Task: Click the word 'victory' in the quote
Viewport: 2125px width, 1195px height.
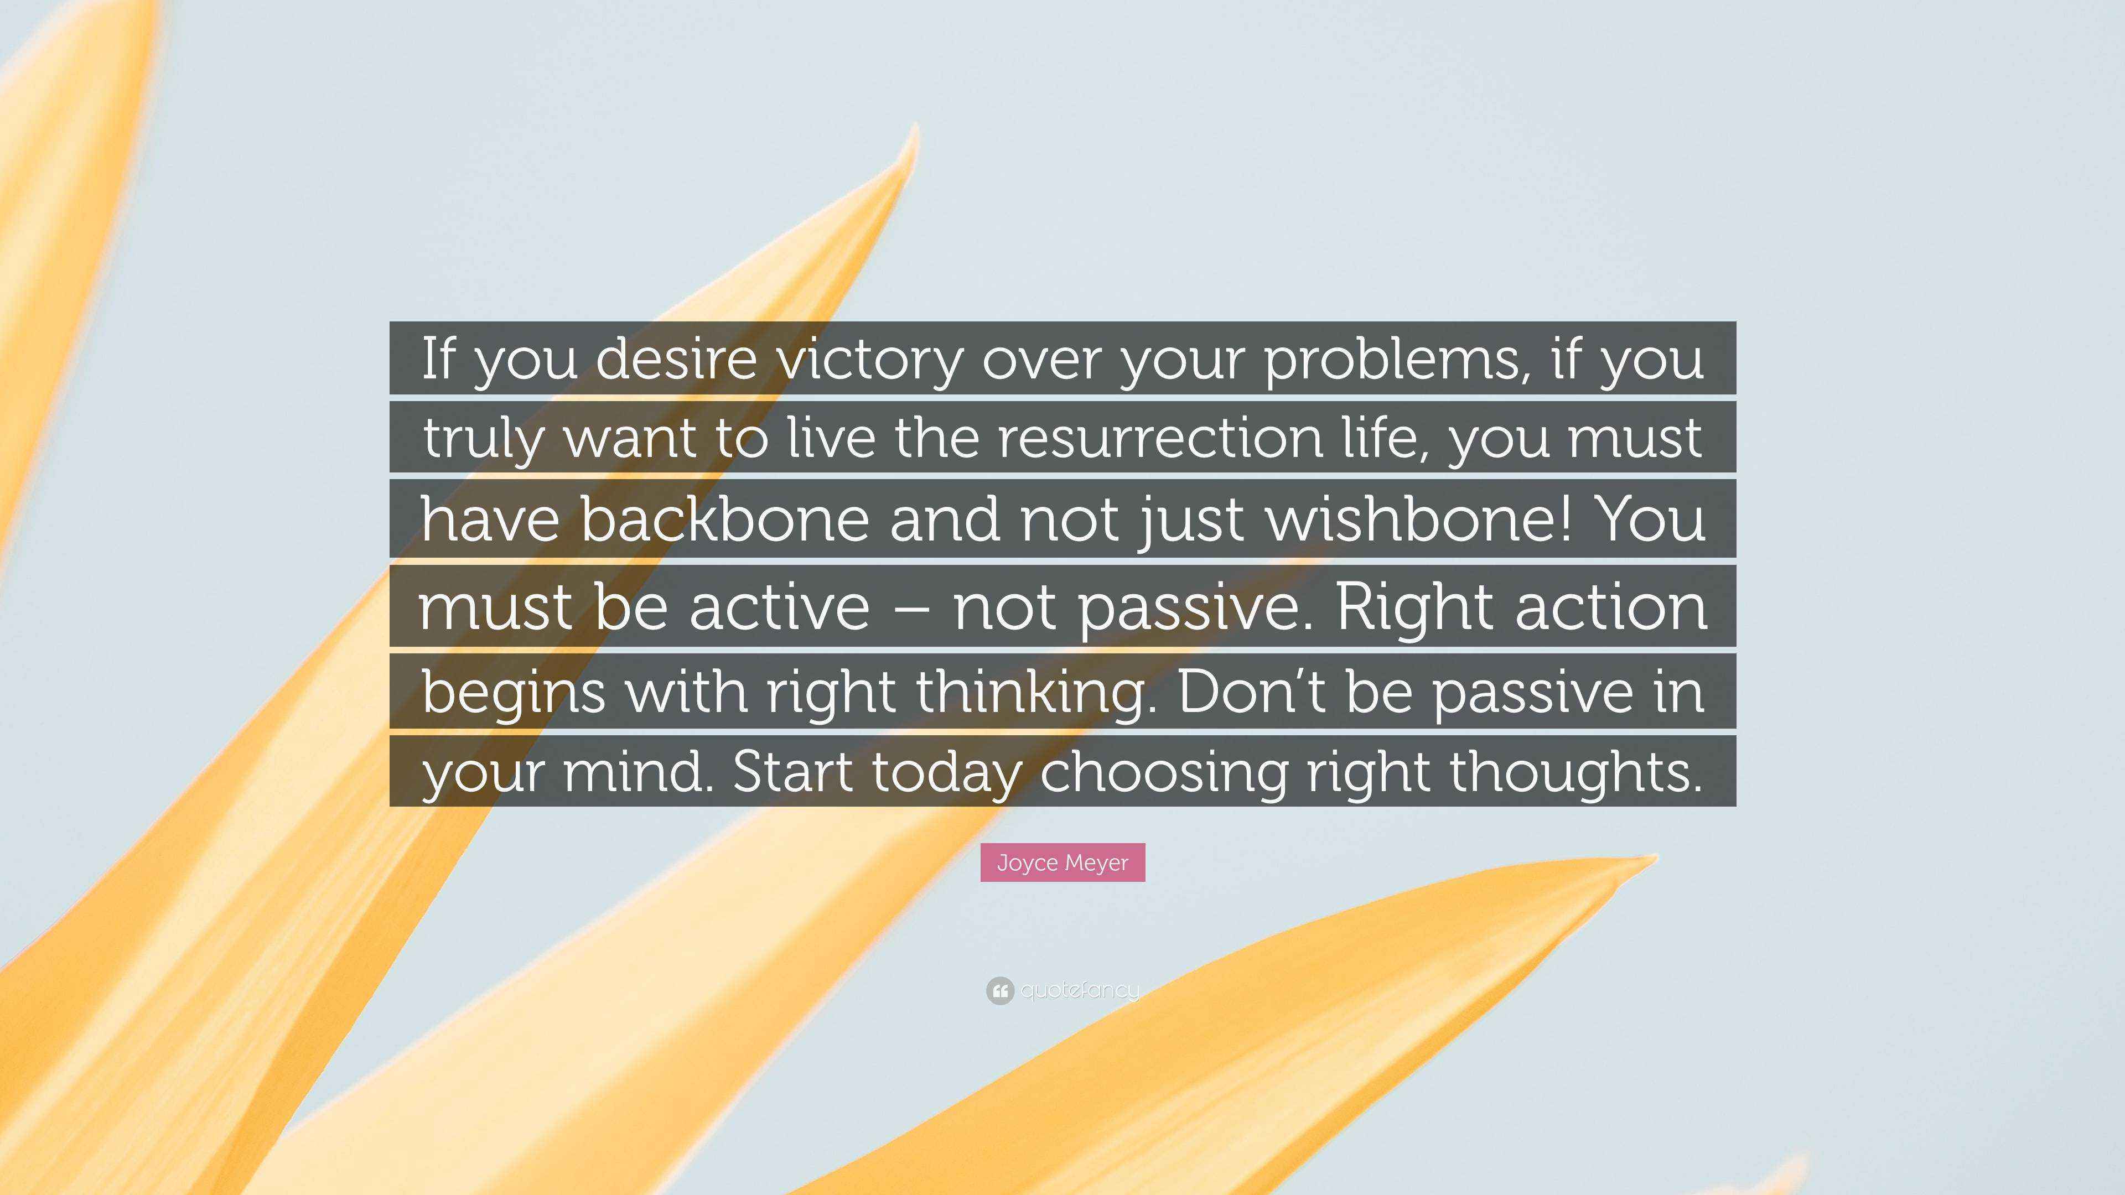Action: click(x=871, y=360)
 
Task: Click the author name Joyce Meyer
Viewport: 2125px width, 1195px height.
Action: click(x=1062, y=863)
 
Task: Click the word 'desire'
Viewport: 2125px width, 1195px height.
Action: click(x=676, y=360)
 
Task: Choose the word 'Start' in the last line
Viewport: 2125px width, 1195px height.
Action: click(x=792, y=772)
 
